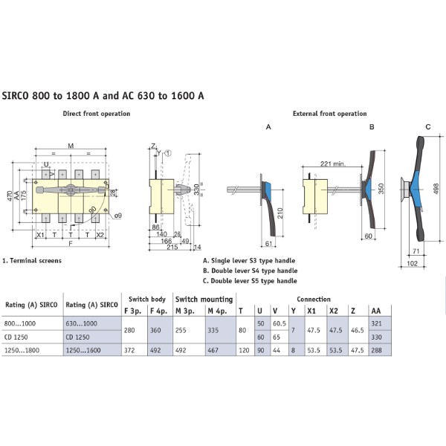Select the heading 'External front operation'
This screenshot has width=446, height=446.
click(329, 114)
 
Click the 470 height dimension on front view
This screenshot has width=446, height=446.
click(9, 195)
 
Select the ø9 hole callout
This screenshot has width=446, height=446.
click(117, 216)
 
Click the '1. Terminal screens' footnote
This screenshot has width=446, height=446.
click(31, 261)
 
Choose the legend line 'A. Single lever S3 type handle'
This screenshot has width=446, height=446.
click(249, 261)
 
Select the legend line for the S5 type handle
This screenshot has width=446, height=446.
click(250, 281)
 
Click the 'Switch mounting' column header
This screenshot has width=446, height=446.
click(204, 299)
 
